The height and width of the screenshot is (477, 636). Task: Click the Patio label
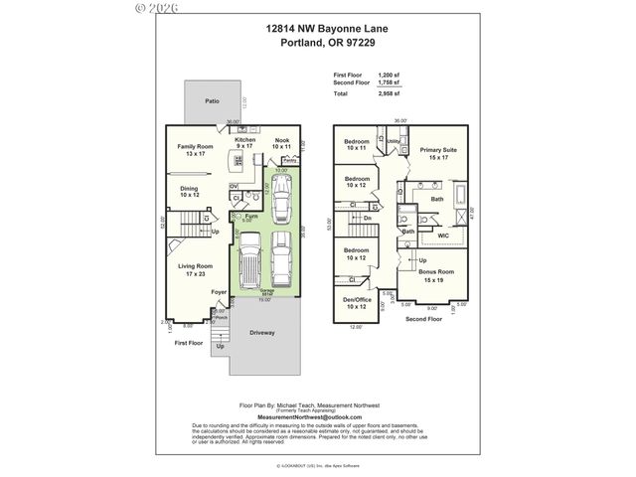pos(212,101)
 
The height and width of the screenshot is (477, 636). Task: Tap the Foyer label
pos(219,292)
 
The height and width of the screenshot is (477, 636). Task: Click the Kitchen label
pos(245,141)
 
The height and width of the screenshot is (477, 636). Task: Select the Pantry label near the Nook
pos(302,159)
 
